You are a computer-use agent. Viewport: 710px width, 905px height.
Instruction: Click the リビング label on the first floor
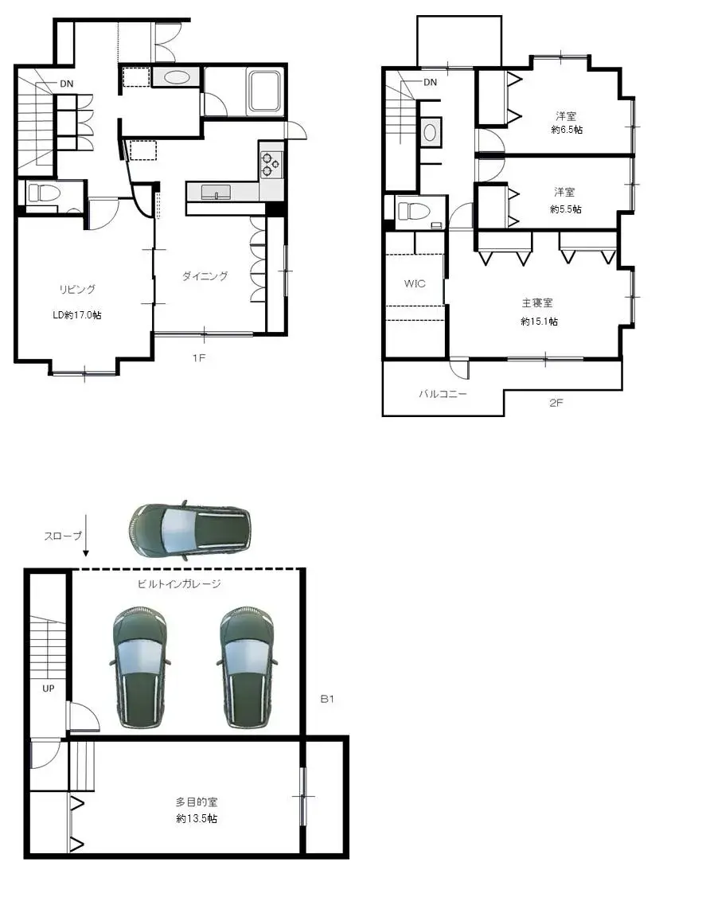[76, 289]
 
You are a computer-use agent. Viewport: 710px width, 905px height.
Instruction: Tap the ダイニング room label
[205, 276]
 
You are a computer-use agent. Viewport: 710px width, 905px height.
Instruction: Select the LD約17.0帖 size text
[76, 315]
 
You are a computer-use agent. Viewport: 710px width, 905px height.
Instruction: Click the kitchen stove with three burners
[271, 162]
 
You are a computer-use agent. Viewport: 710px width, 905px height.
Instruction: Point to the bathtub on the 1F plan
[265, 92]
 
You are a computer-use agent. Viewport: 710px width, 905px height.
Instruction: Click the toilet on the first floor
[43, 193]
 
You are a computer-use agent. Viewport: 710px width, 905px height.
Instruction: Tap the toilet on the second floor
[414, 211]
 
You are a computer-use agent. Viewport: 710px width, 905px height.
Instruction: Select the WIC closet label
[415, 283]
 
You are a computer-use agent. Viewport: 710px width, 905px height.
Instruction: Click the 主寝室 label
[536, 302]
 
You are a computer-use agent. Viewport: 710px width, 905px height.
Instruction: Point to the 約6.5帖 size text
[566, 130]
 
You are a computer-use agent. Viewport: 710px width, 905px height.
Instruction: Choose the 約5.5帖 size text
[566, 209]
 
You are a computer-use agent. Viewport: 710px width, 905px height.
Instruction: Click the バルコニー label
[443, 394]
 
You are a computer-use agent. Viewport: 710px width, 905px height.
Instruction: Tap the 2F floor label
[556, 403]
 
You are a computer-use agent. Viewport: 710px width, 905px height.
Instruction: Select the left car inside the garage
[141, 667]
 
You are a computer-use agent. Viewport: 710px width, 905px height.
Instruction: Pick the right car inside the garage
[248, 667]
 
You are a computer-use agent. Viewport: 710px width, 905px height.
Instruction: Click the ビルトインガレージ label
[179, 583]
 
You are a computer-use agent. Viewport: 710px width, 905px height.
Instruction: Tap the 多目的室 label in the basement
[197, 802]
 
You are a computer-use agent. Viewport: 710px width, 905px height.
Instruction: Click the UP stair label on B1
[49, 688]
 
